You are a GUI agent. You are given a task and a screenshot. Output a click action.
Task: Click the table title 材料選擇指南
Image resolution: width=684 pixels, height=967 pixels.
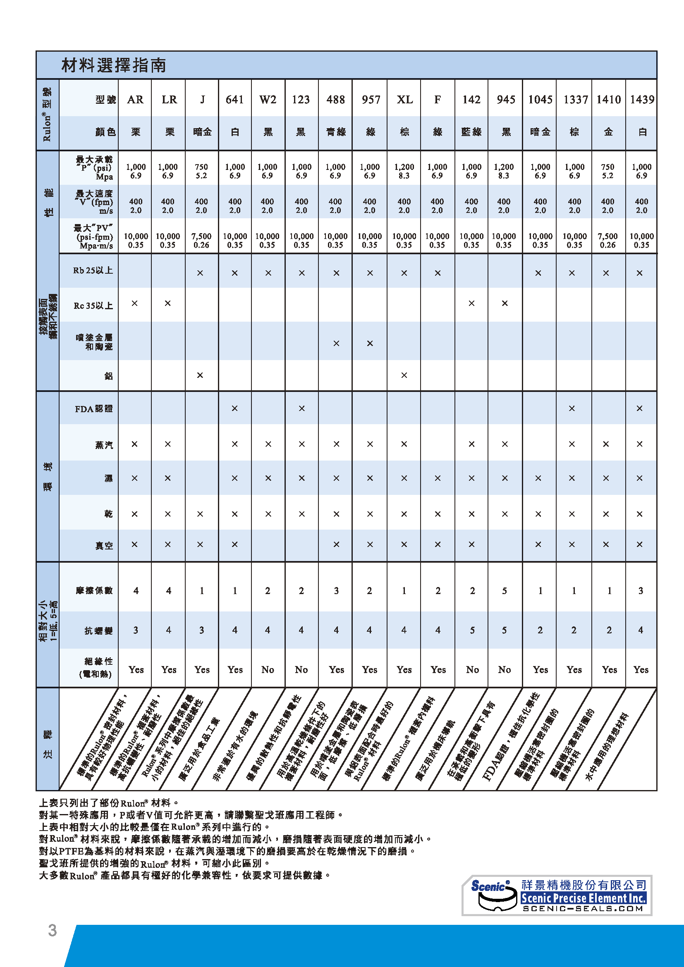(114, 65)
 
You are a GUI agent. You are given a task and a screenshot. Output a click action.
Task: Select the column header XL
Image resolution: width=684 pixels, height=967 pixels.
(404, 99)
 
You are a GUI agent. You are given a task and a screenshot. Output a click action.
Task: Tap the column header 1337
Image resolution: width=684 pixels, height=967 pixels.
(575, 99)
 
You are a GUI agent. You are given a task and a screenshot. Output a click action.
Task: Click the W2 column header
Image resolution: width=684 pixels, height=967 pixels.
(268, 99)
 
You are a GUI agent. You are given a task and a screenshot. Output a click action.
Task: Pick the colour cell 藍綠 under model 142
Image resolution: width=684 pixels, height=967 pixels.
(471, 132)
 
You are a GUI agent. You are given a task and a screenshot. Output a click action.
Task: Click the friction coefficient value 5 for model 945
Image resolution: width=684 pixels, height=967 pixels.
(504, 590)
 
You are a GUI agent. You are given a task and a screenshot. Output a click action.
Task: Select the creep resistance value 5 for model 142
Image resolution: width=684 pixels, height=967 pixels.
(472, 630)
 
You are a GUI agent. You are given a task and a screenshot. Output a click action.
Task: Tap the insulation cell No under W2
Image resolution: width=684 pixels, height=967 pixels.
(268, 669)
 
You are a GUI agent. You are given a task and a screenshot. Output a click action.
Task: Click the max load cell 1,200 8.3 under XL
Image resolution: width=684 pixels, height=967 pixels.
(404, 171)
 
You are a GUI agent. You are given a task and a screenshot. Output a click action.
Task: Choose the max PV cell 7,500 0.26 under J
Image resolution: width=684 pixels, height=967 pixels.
(201, 240)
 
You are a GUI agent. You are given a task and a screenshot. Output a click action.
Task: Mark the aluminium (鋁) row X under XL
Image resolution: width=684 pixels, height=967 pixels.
(404, 375)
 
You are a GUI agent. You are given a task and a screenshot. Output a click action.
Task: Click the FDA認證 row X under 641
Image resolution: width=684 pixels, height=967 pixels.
(234, 408)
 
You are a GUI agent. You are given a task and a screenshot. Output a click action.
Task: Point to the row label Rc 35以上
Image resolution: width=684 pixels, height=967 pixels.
(93, 306)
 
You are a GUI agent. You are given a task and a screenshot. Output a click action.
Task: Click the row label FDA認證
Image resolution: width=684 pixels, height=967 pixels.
(93, 409)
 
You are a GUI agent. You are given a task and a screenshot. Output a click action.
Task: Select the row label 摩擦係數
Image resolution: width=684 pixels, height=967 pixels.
(94, 590)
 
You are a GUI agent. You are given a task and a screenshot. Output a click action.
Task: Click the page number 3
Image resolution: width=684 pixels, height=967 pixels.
(52, 930)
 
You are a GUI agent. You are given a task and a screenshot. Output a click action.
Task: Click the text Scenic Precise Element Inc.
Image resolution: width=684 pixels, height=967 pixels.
(584, 898)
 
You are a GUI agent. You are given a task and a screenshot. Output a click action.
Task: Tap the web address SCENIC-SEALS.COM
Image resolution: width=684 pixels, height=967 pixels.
(584, 908)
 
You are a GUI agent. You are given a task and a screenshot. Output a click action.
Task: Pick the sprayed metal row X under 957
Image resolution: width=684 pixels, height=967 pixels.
(370, 343)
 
